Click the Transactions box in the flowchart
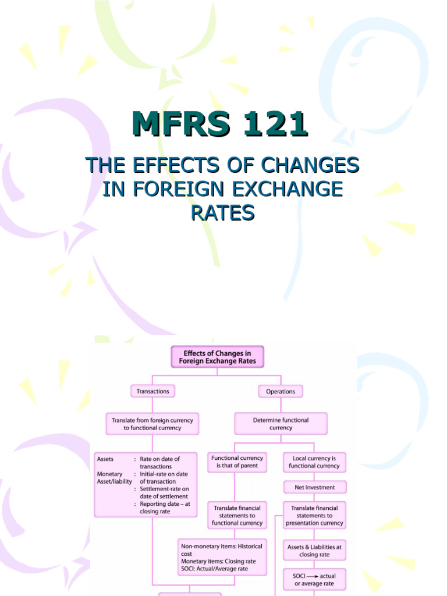pos(152,392)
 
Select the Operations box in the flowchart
pos(281,392)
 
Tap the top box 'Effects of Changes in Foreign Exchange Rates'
pos(217,357)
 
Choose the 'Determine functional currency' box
pos(281,424)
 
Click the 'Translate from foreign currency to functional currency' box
pos(152,424)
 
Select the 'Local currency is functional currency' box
pos(314,462)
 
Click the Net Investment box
pos(314,487)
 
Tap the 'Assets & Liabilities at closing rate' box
pos(314,551)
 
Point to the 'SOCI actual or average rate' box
pos(314,580)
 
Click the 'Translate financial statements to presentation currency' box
pos(314,516)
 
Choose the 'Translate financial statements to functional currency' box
pos(237,516)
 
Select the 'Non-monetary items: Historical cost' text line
pos(222,547)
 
